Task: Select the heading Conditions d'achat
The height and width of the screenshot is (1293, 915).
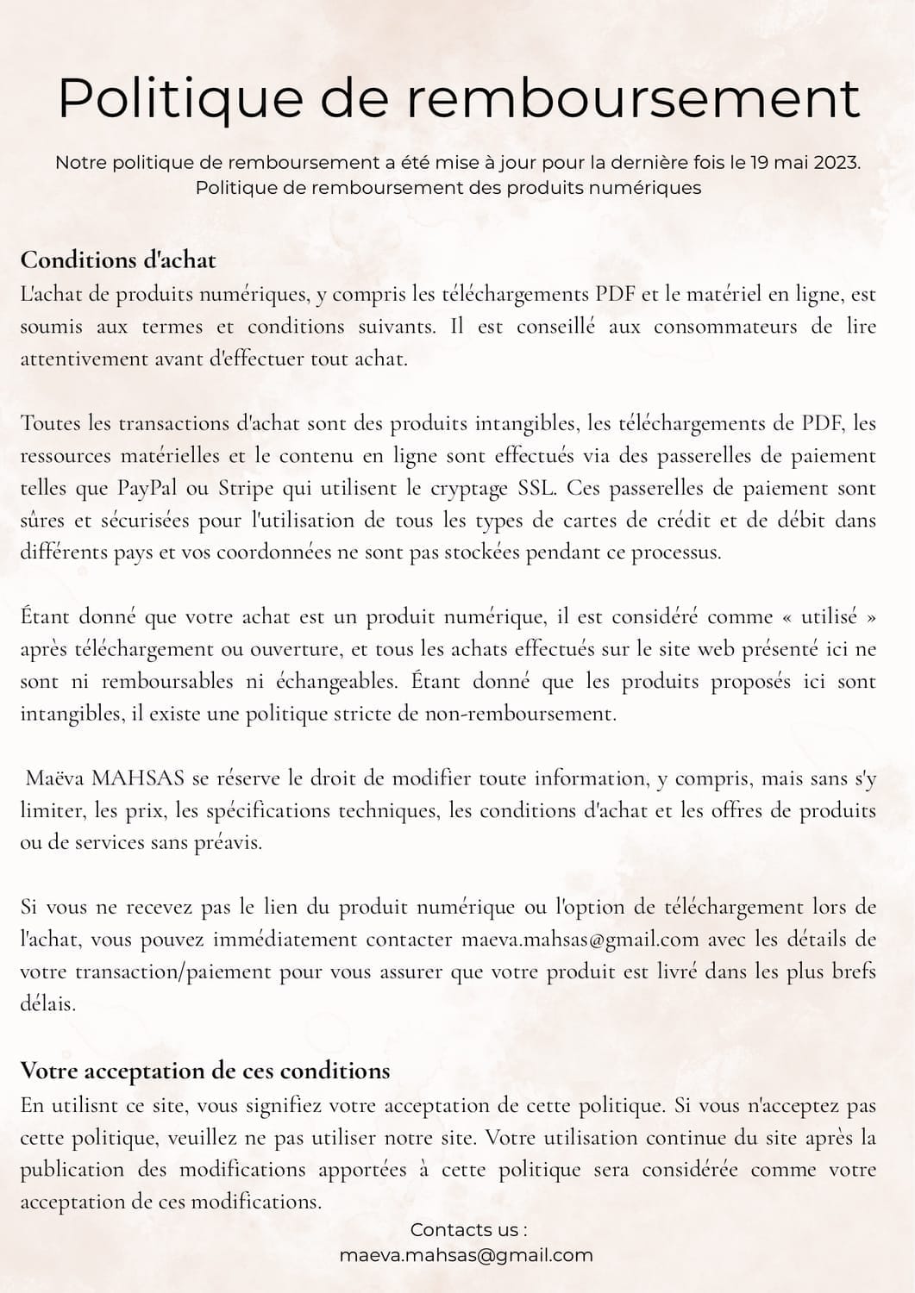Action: (118, 259)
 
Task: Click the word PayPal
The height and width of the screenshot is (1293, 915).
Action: (147, 488)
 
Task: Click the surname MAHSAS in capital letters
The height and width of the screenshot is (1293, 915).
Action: (138, 778)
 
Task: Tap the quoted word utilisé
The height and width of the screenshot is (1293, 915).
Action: (830, 617)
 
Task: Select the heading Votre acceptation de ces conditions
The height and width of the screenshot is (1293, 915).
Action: (205, 1071)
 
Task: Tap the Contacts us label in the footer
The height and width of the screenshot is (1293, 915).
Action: (467, 1229)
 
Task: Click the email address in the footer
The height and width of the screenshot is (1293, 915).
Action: (467, 1255)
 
